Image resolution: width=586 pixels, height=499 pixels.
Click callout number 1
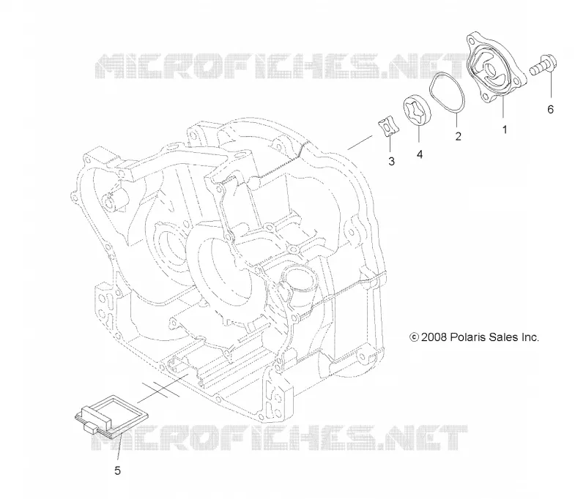click(505, 130)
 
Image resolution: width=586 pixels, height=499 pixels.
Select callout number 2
click(459, 136)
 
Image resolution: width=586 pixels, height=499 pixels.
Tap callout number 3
click(391, 161)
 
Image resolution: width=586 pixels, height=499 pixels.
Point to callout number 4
click(420, 154)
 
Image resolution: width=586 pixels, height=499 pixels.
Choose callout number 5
click(117, 470)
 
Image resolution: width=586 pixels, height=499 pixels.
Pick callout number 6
click(550, 109)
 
